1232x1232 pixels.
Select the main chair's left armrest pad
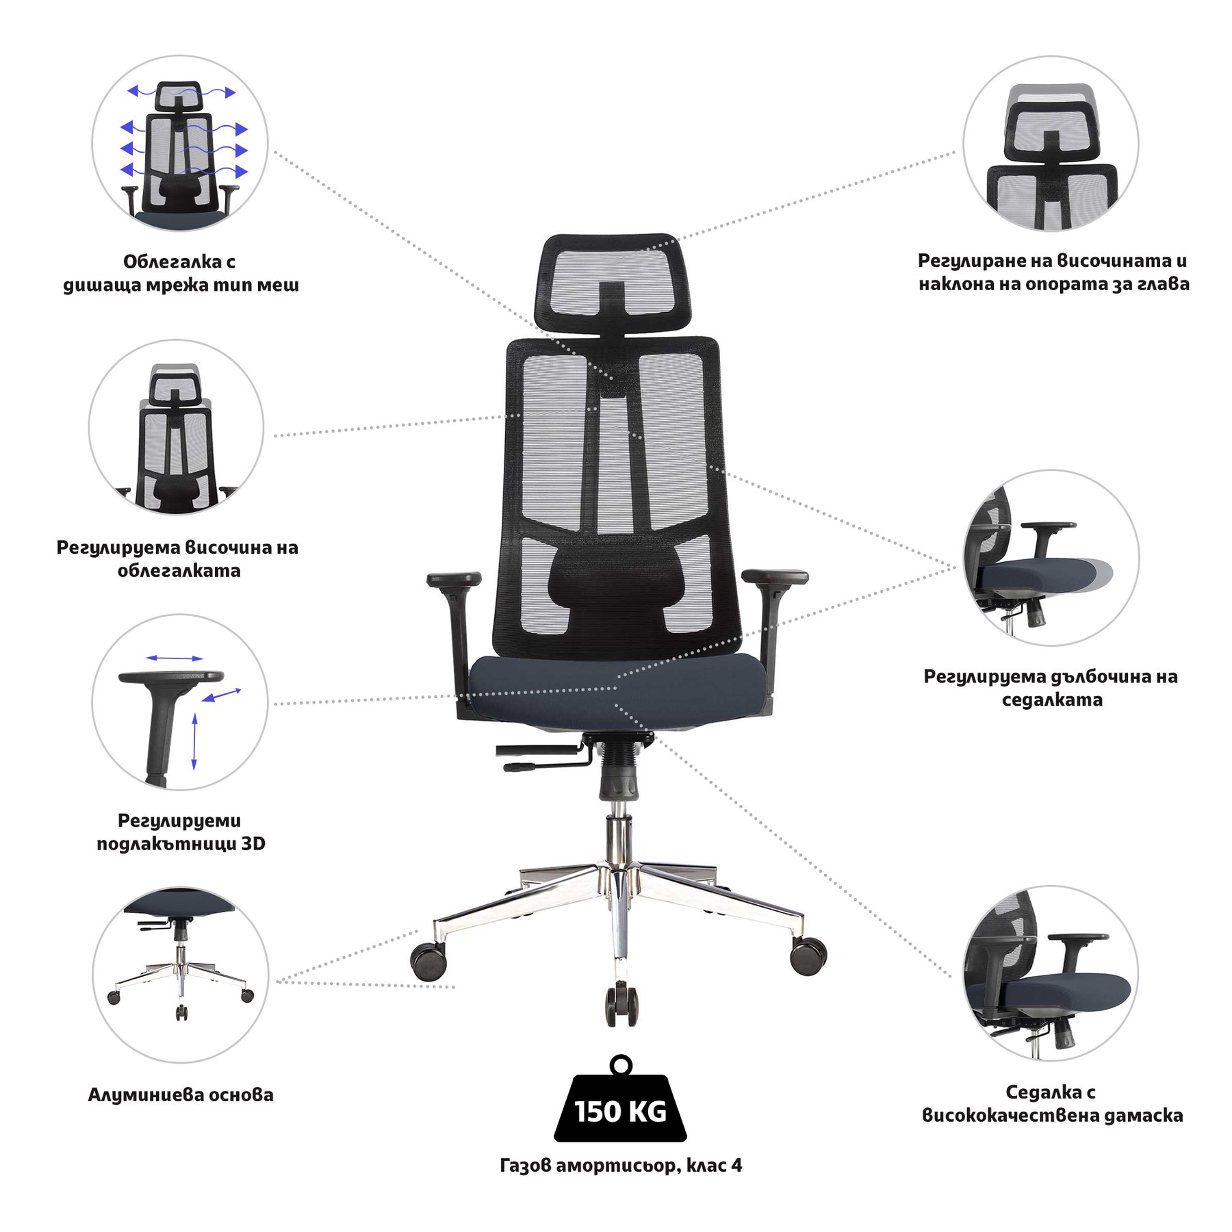tap(454, 579)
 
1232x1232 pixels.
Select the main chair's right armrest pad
tap(775, 576)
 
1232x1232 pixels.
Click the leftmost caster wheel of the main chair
tap(428, 960)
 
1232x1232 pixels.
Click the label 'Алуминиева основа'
tap(181, 1094)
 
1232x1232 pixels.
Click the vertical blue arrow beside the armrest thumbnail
tap(194, 741)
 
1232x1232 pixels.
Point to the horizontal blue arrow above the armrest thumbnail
tap(175, 658)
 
